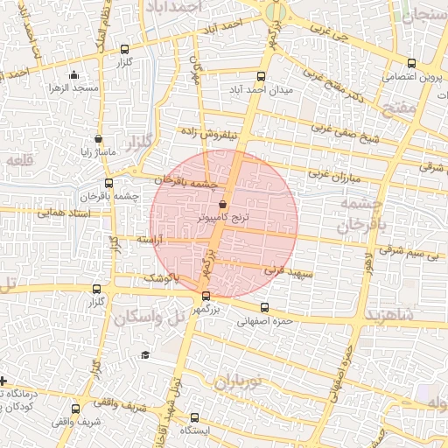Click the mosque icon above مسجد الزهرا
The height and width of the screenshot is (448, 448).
click(x=73, y=74)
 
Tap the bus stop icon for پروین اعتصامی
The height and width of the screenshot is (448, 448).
click(x=412, y=62)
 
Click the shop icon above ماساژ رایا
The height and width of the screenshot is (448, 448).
click(x=97, y=138)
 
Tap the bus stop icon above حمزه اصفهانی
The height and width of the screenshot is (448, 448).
click(x=265, y=307)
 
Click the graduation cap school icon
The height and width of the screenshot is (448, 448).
click(x=144, y=354)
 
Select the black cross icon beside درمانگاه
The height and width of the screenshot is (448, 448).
click(x=4, y=381)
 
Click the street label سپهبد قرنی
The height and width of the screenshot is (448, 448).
click(x=276, y=272)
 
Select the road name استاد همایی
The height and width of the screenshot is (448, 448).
click(x=63, y=212)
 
